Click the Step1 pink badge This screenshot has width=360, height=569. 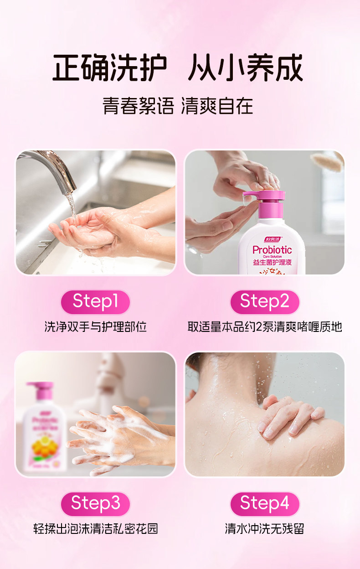click(95, 302)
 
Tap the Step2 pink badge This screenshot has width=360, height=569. click(264, 302)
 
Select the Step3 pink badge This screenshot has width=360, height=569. click(95, 503)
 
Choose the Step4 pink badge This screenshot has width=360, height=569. click(264, 503)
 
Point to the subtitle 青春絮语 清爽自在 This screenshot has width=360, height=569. click(178, 106)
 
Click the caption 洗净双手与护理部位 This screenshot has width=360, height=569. click(95, 327)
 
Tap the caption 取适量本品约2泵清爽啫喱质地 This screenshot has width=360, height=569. click(264, 327)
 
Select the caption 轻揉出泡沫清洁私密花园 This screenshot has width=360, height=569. click(95, 529)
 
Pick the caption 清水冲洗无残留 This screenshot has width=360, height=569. click(264, 529)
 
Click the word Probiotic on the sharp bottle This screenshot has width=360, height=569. click(272, 250)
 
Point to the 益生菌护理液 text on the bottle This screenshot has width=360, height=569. click(272, 263)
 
